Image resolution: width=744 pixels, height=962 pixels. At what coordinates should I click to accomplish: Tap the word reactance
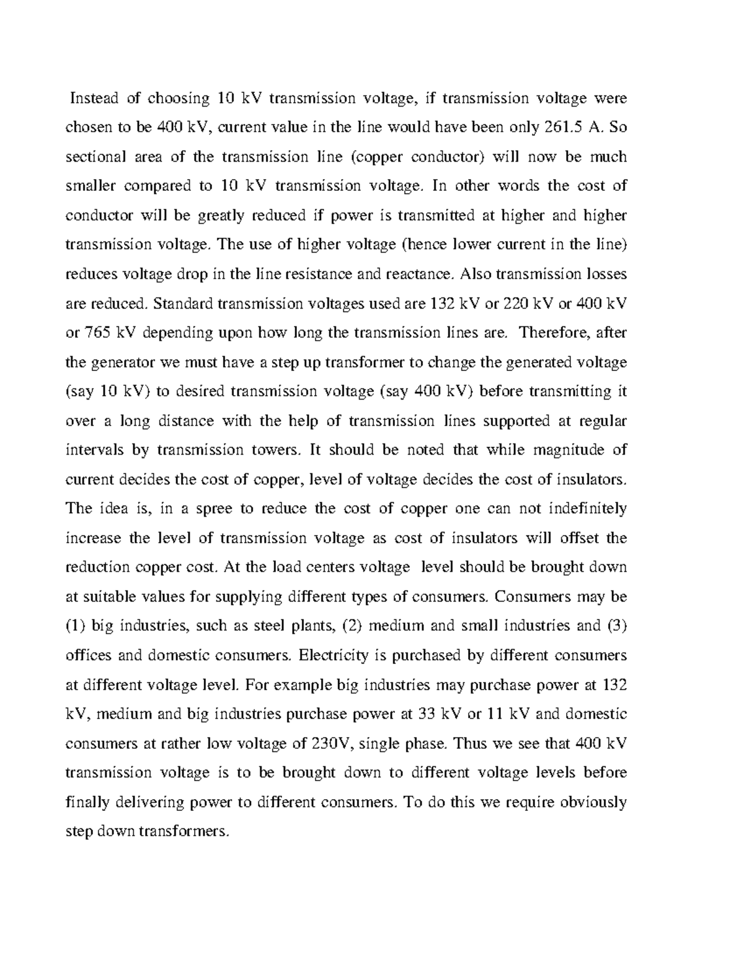click(420, 274)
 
